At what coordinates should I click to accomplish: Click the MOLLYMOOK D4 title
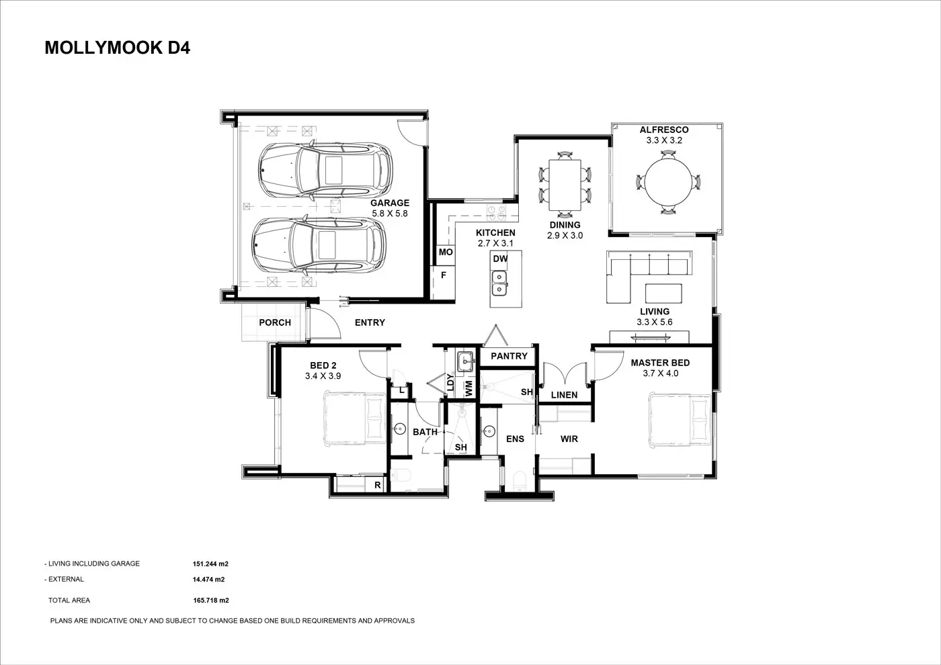tap(117, 48)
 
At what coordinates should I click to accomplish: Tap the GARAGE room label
tap(389, 203)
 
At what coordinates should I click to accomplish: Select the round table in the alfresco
tap(668, 182)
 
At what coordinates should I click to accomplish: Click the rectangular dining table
tap(565, 185)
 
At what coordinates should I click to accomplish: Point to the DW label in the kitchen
tap(500, 259)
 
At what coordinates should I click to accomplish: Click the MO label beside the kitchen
tap(446, 252)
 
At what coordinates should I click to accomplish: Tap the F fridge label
tap(444, 275)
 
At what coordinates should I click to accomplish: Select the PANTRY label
tap(509, 356)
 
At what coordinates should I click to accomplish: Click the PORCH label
tap(275, 322)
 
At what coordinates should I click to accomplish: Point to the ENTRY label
tap(370, 322)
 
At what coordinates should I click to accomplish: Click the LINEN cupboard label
tap(564, 395)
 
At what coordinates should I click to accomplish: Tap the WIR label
tap(569, 439)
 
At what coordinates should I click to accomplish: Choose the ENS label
tap(515, 439)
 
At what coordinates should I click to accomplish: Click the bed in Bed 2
tap(355, 418)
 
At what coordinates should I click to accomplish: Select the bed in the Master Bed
tap(680, 420)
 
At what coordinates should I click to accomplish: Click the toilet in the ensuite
tap(520, 481)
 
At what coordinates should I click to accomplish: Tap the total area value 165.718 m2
tap(211, 601)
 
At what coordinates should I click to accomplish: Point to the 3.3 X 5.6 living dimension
tap(655, 322)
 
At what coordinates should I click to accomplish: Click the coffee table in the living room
tap(663, 293)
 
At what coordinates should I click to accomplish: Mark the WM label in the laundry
tap(469, 388)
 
